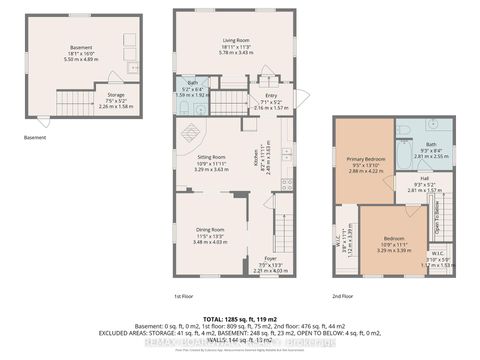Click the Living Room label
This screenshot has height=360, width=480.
click(x=235, y=41)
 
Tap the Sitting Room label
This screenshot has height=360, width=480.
click(x=210, y=157)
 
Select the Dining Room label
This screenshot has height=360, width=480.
click(x=210, y=230)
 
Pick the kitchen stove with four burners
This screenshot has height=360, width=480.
click(x=286, y=184)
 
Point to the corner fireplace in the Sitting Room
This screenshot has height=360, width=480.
click(x=188, y=128)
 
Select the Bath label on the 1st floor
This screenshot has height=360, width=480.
click(x=192, y=83)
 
